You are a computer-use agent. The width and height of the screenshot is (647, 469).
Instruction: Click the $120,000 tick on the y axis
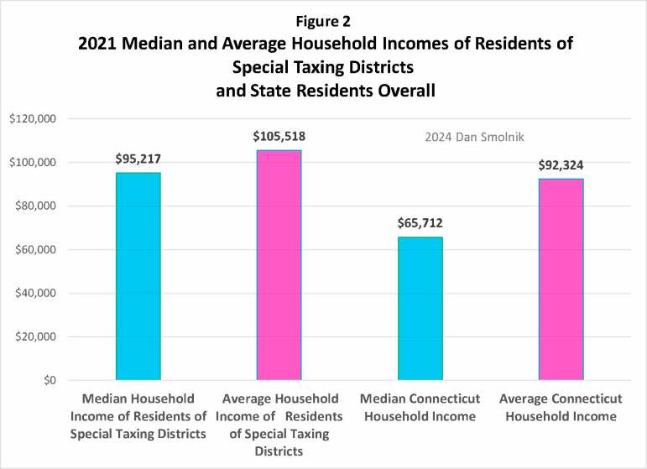click(x=32, y=119)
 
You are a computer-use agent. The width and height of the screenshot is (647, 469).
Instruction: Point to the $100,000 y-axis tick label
click(x=32, y=163)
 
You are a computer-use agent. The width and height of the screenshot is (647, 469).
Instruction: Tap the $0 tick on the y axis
click(x=47, y=381)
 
